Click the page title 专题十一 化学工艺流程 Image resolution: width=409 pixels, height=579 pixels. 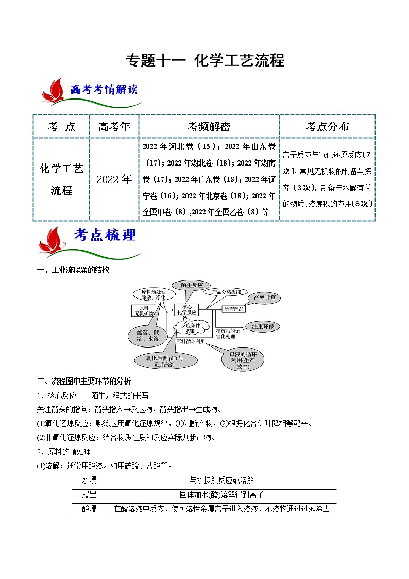tap(205, 61)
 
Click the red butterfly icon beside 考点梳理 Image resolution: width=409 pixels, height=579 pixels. tap(54, 239)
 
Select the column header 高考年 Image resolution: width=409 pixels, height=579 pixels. tap(114, 126)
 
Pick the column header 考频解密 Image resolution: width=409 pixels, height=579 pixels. tap(209, 126)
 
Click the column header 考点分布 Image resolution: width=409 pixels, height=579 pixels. tap(327, 126)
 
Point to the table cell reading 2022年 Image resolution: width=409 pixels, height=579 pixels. tap(114, 179)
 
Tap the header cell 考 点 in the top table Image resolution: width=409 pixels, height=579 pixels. tap(61, 126)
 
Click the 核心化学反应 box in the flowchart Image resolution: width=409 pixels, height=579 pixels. tap(186, 309)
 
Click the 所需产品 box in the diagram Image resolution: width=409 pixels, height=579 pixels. tap(233, 309)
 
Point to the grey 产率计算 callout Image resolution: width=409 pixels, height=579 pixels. tap(264, 298)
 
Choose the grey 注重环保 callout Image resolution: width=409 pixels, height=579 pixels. tap(262, 326)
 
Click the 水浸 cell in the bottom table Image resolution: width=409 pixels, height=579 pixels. tap(89, 480)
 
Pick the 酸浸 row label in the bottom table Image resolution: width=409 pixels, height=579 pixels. tap(89, 510)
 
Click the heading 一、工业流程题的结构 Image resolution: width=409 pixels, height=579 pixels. tap(73, 270)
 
